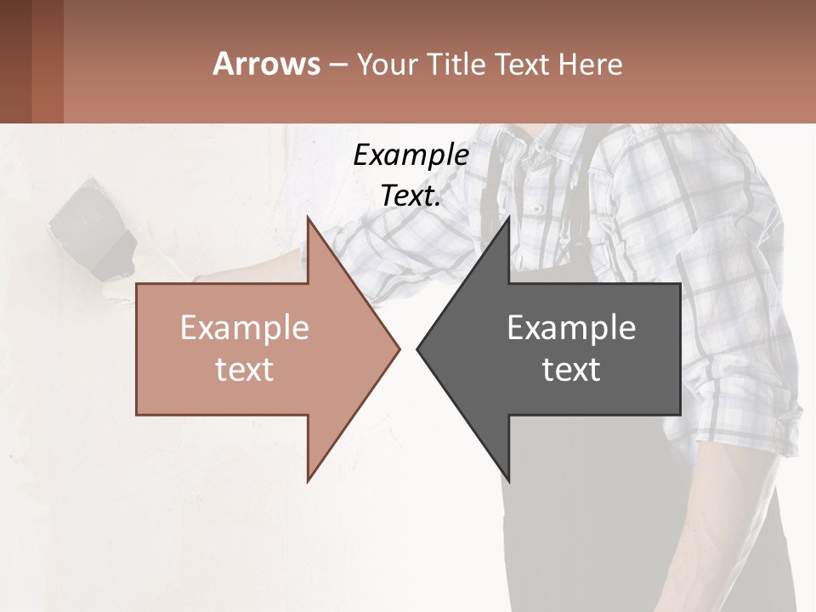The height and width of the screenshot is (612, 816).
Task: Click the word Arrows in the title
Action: click(266, 64)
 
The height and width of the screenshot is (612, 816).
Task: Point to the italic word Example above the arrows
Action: click(411, 155)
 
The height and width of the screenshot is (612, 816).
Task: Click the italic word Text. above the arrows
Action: click(411, 195)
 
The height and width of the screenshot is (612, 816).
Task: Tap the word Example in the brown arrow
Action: click(244, 328)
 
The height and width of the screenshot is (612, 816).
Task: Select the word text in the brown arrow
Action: click(244, 370)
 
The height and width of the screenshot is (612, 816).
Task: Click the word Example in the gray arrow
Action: click(571, 328)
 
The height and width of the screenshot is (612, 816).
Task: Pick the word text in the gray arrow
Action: click(571, 370)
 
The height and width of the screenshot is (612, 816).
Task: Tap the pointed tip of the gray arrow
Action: click(418, 348)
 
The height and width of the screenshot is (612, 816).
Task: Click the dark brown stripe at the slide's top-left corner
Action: click(15, 61)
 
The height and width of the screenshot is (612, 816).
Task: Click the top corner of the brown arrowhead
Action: click(309, 219)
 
